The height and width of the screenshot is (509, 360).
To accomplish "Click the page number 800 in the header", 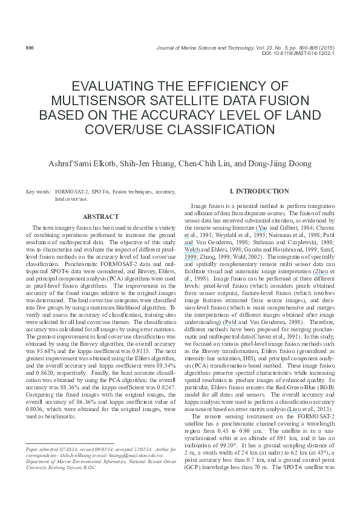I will (x=29, y=47).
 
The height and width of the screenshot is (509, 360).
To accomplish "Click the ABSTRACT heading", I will (x=100, y=216).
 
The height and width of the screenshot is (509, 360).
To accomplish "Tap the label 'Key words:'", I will (x=39, y=192).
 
